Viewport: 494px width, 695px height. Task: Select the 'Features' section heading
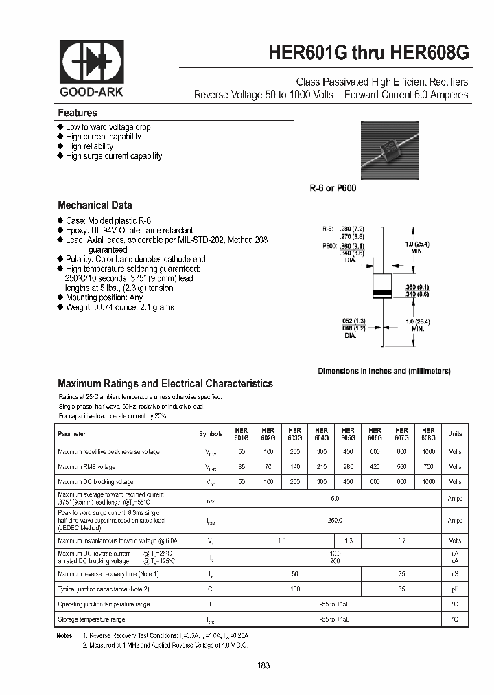[77, 113]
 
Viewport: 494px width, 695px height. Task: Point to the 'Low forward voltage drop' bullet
[108, 127]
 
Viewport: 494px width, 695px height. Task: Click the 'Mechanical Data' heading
[95, 205]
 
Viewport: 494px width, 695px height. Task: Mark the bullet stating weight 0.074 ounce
[119, 307]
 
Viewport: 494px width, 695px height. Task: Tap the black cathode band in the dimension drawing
[381, 293]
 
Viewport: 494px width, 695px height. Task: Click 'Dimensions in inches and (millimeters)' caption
[384, 371]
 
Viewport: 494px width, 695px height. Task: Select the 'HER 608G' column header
[428, 433]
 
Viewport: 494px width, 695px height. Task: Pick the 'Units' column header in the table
[455, 434]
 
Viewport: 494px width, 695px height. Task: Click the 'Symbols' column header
[211, 434]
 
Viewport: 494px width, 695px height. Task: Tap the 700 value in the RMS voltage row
[428, 466]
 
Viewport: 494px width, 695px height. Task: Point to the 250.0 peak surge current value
[334, 521]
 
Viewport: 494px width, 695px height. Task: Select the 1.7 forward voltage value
[401, 541]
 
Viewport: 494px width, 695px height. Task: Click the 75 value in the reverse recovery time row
[401, 573]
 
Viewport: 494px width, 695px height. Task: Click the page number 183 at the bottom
[264, 665]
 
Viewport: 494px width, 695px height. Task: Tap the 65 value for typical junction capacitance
[401, 589]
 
